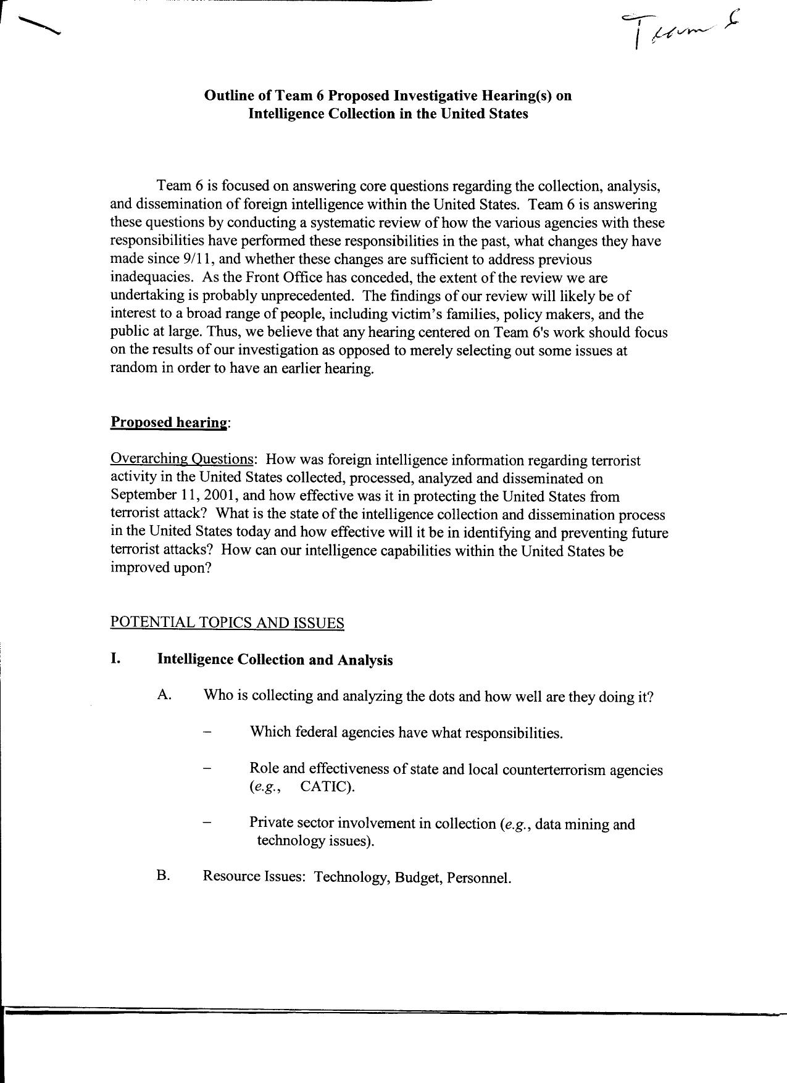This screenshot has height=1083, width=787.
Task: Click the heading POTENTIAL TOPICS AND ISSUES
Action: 227,622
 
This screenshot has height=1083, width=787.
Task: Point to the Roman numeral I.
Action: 115,658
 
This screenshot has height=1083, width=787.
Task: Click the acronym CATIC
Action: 327,787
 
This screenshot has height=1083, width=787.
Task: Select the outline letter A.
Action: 164,695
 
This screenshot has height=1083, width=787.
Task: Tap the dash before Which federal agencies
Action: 207,732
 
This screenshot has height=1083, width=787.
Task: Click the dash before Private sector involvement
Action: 207,823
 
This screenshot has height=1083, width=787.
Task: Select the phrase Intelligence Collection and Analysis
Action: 275,659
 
